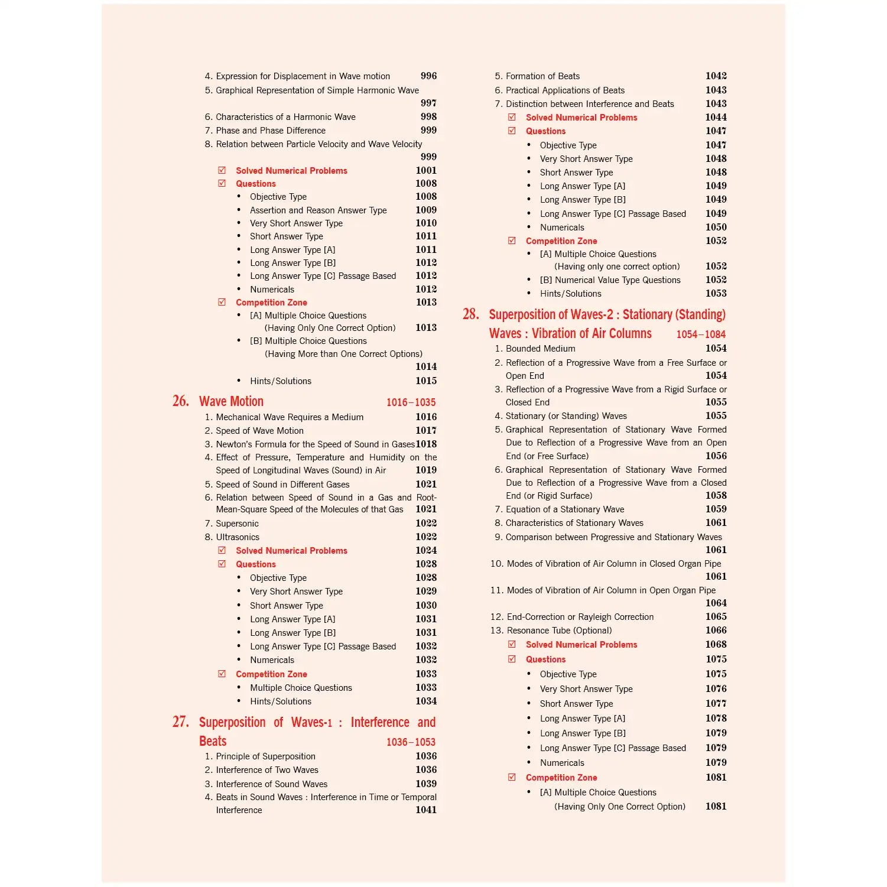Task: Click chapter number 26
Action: point(181,401)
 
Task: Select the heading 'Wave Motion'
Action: point(231,402)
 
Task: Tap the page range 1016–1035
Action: point(411,402)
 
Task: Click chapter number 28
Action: point(471,314)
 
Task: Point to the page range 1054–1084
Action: point(701,334)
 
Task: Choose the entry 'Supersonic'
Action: point(237,524)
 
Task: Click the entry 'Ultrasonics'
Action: point(238,537)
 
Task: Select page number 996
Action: point(428,76)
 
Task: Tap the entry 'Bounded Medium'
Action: point(540,349)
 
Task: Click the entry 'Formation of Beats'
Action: point(542,76)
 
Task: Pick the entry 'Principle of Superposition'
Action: point(265,756)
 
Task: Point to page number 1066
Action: point(716,631)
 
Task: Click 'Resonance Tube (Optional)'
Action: point(559,631)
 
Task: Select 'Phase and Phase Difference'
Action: point(271,131)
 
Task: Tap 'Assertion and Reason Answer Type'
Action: point(318,210)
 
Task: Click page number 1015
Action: point(425,381)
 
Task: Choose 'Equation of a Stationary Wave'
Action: point(565,509)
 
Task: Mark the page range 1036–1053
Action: point(411,742)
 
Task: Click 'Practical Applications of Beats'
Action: point(565,90)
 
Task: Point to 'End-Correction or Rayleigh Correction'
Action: point(580,617)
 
